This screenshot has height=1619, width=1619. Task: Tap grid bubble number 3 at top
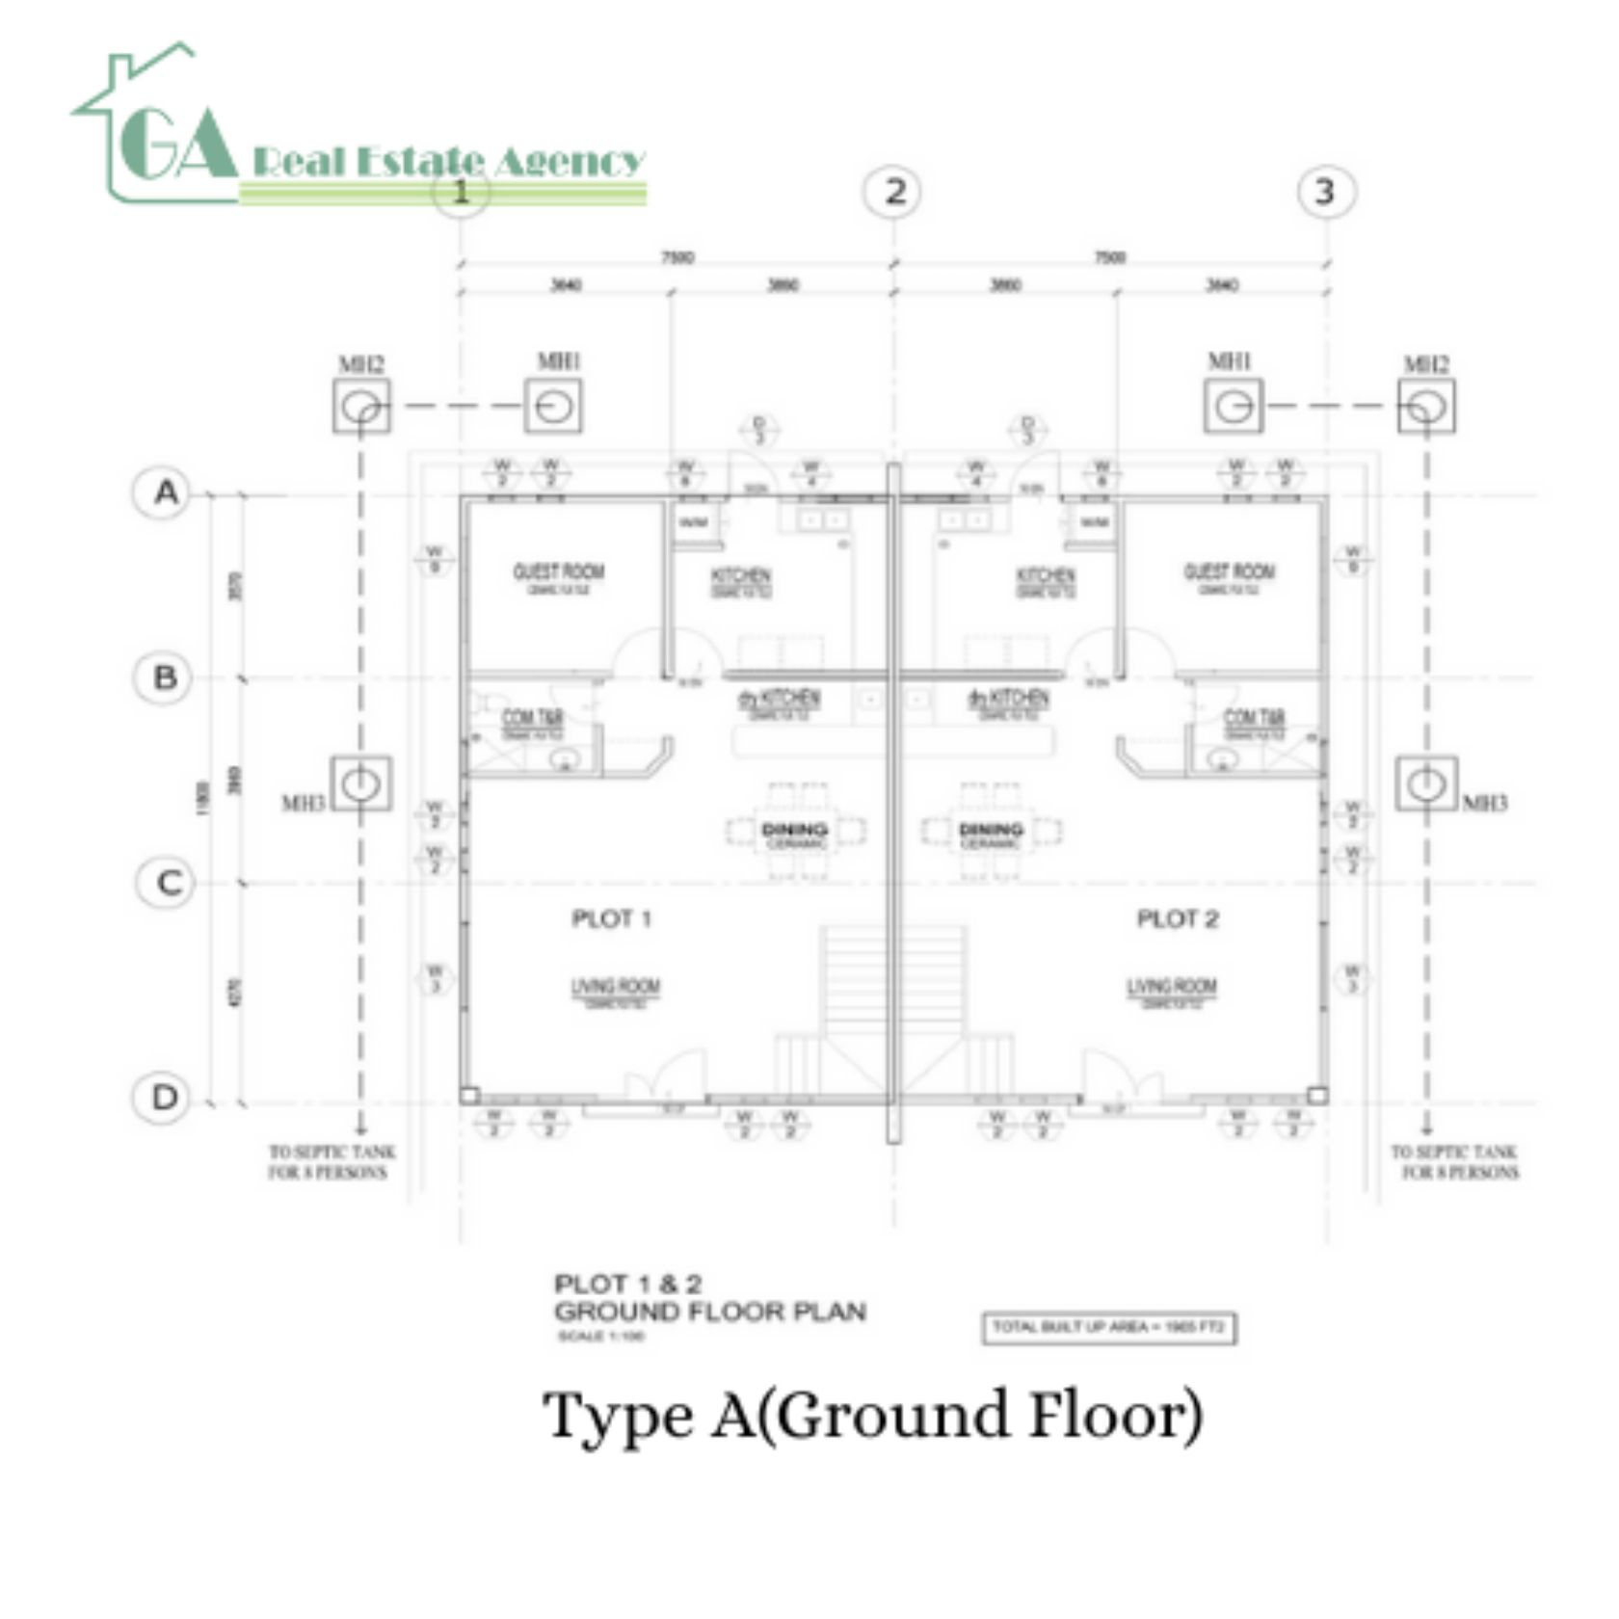(x=1327, y=192)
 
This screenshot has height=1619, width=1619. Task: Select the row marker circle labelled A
(x=165, y=493)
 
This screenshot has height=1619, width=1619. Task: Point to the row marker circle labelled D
(x=165, y=1098)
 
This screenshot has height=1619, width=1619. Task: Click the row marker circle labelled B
(x=165, y=677)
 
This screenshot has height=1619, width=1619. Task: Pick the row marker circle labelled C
(x=167, y=883)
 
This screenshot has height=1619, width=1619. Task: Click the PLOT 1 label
(x=611, y=918)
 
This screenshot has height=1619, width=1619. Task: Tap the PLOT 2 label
(x=1177, y=918)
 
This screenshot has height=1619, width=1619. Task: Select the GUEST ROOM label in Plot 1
(x=558, y=571)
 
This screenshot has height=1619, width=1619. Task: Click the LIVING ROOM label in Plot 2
(x=1172, y=987)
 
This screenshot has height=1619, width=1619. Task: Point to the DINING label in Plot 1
(x=794, y=830)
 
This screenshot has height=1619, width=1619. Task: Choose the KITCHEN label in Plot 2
(x=1046, y=576)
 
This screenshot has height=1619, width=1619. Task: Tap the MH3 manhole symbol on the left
(x=361, y=783)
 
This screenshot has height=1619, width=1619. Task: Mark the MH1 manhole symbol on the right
(x=1233, y=406)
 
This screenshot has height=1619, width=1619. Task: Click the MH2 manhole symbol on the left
(x=361, y=406)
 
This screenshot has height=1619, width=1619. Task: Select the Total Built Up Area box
(x=1108, y=1328)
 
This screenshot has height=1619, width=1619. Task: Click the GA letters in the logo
(x=178, y=145)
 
